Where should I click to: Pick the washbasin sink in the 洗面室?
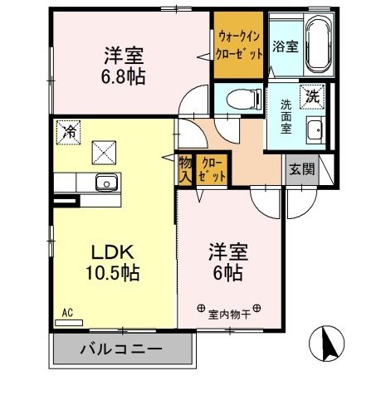(315, 129)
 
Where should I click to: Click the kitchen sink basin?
(106, 183)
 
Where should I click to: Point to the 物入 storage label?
(184, 169)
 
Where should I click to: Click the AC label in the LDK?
(67, 312)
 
